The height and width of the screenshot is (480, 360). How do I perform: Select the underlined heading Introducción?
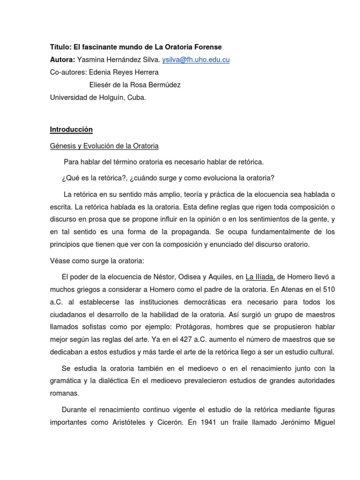pyautogui.click(x=71, y=129)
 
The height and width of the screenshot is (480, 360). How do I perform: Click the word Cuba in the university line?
pyautogui.click(x=136, y=97)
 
